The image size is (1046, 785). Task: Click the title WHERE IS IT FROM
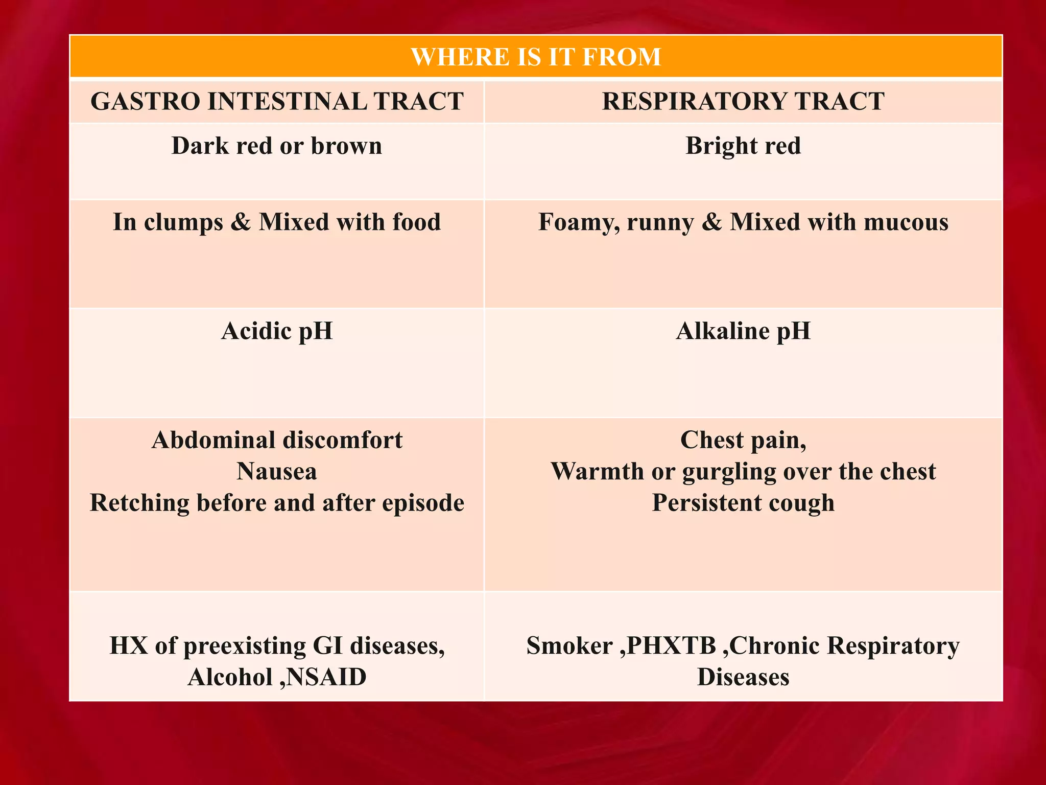click(x=536, y=57)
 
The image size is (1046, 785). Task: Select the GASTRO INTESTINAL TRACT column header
click(x=277, y=101)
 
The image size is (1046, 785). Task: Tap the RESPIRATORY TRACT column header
click(x=743, y=101)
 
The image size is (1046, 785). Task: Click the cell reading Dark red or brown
click(x=277, y=146)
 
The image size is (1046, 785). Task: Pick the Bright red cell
click(x=743, y=146)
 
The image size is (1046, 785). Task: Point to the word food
click(x=416, y=222)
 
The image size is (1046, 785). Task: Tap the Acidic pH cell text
click(x=277, y=331)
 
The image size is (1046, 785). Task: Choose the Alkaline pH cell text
click(x=743, y=331)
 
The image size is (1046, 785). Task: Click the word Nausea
click(x=277, y=471)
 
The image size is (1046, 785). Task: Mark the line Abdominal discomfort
click(x=277, y=440)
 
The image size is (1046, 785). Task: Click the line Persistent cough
click(x=743, y=503)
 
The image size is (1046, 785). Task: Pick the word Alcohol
click(x=230, y=677)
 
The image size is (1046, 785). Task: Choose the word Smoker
click(x=569, y=645)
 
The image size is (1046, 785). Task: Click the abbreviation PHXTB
click(x=671, y=645)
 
